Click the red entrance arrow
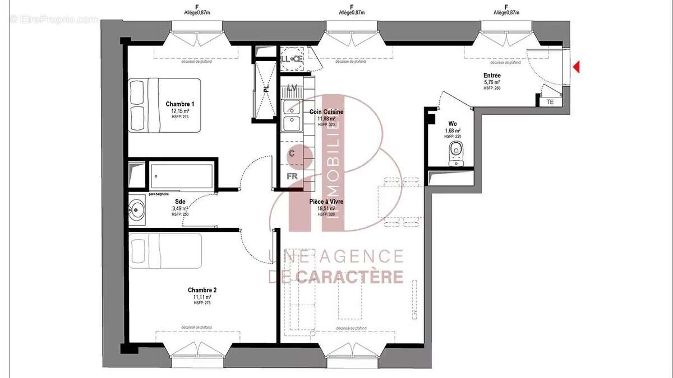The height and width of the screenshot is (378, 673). (x=576, y=67)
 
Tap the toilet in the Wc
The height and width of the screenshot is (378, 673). (x=456, y=153)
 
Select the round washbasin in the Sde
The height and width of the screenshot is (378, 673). (x=136, y=211)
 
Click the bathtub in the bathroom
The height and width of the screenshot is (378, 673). (x=181, y=175)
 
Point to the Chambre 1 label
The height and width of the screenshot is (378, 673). (x=180, y=104)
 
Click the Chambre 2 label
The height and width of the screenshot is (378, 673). (x=202, y=290)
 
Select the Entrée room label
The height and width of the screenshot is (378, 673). (x=492, y=75)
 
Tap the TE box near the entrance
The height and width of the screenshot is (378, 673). (x=550, y=102)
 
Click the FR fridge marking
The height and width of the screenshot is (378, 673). (x=292, y=176)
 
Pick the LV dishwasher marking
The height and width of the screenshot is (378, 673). (x=292, y=88)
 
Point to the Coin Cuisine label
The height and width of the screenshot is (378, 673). (x=326, y=112)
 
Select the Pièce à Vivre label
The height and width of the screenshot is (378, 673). (x=326, y=202)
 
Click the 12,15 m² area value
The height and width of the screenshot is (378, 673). (x=180, y=111)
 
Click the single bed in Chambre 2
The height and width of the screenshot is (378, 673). (x=165, y=249)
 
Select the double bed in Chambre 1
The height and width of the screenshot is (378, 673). (x=165, y=105)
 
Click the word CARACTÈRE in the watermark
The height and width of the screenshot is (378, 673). (x=349, y=277)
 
